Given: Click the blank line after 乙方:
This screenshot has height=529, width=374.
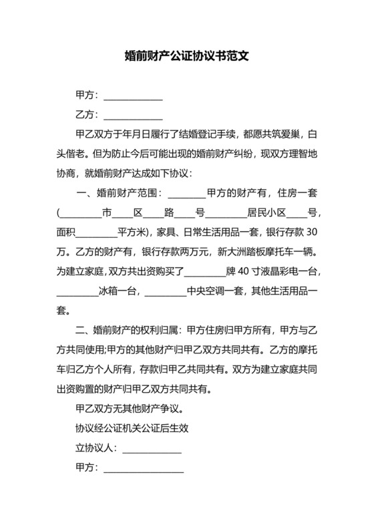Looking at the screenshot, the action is [x=133, y=115].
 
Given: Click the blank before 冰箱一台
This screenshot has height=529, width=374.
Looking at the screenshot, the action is [x=77, y=291].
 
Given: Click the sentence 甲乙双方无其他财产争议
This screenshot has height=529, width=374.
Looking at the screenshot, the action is [x=130, y=409].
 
